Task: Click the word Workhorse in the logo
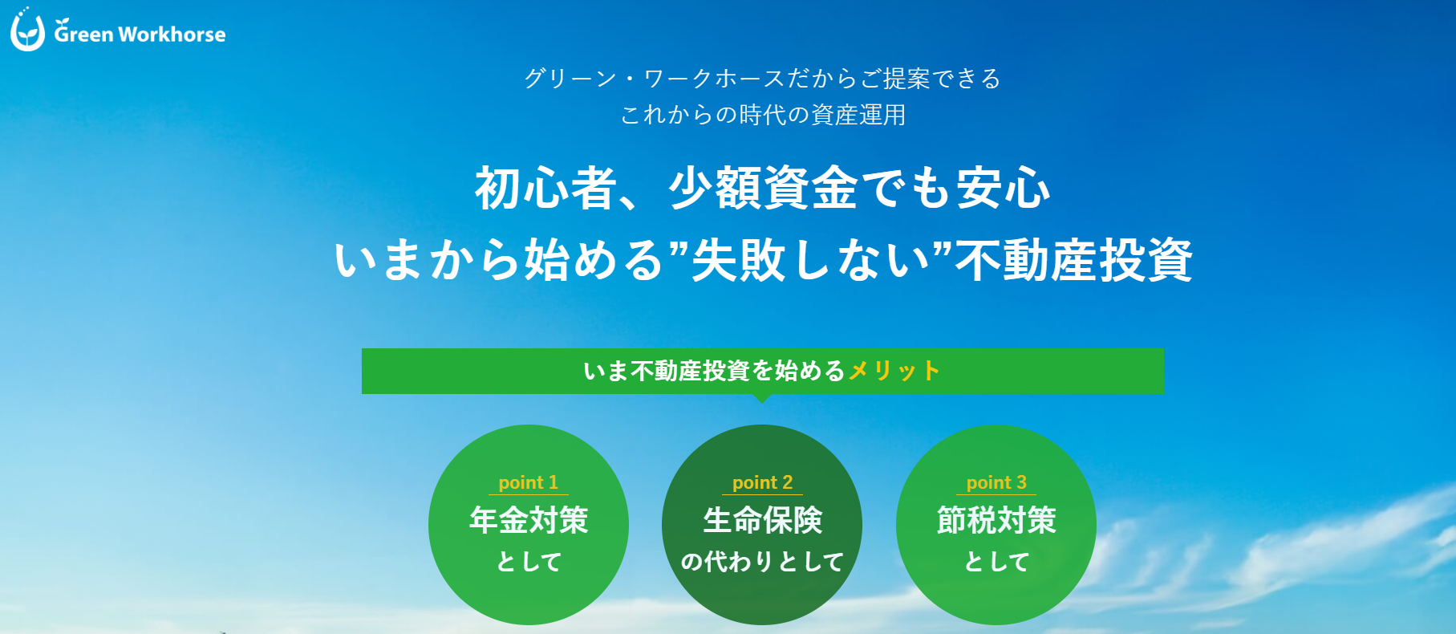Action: point(172,35)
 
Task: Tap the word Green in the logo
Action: point(83,33)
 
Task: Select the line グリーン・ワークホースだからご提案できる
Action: point(762,79)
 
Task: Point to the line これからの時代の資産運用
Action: point(762,115)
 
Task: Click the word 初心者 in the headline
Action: point(546,189)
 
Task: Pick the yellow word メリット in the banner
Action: point(894,371)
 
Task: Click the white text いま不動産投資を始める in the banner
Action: point(715,371)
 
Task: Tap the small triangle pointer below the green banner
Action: point(763,398)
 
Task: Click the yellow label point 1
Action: point(528,482)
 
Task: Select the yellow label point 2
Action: point(762,482)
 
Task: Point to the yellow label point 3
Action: point(996,482)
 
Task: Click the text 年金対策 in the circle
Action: point(529,520)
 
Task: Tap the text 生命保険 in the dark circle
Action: point(763,520)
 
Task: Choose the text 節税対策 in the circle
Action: point(996,520)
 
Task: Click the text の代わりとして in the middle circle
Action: point(762,562)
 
